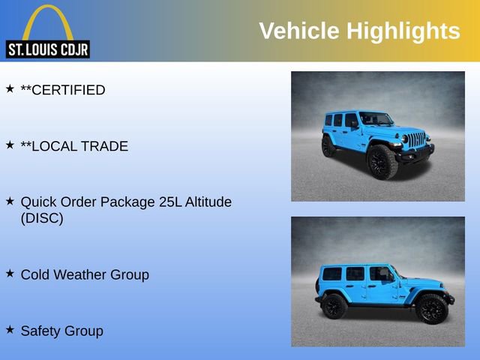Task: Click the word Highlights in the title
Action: point(403,31)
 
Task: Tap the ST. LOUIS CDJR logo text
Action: point(47,49)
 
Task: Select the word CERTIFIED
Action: point(68,90)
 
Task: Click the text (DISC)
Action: point(42,219)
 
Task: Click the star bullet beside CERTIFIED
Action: point(10,88)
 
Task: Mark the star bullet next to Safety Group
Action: point(10,329)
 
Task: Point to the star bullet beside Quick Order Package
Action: point(10,201)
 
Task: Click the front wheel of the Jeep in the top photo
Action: point(382,163)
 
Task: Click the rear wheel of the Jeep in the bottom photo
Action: point(334,306)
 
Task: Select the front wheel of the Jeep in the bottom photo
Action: point(431,308)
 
